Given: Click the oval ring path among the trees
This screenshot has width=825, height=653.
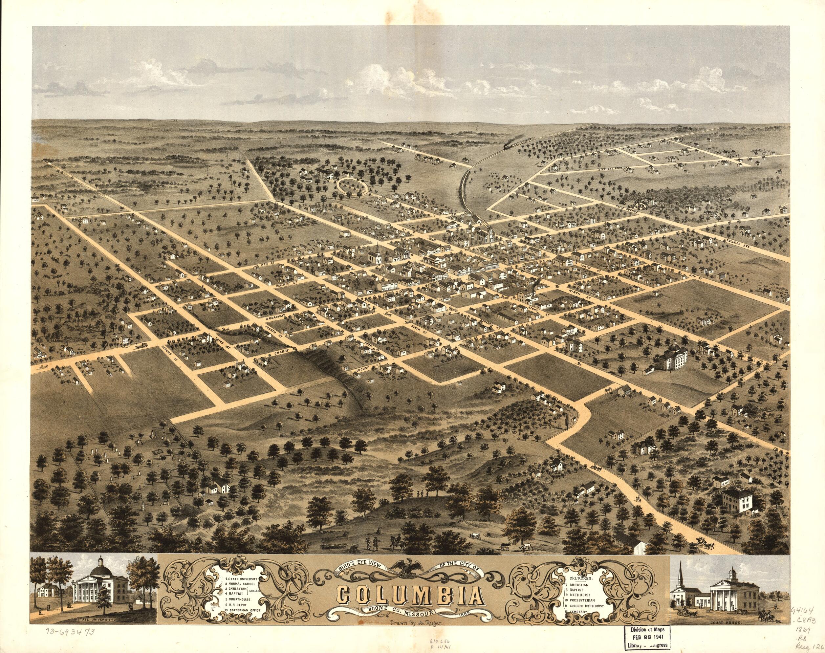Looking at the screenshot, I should (x=353, y=186).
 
